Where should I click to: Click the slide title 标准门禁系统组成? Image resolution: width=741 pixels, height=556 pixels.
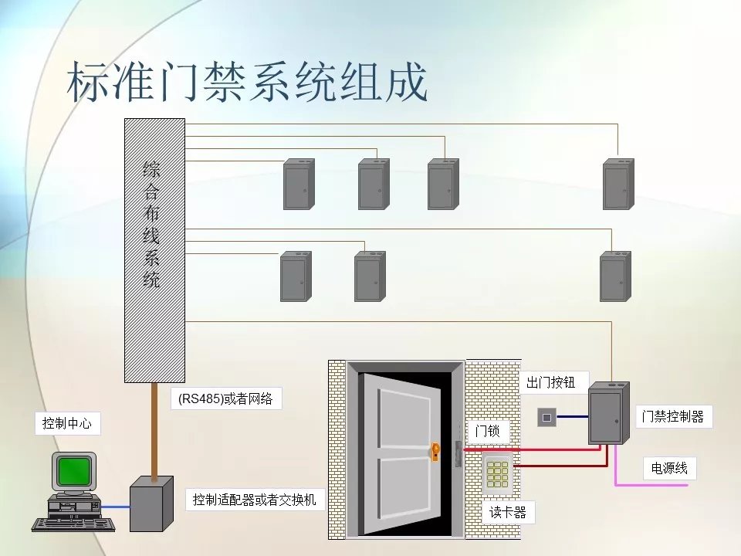coord(248,83)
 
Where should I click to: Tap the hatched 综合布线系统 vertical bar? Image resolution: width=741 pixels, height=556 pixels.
coord(154,250)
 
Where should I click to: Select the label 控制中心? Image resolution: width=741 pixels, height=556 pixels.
coord(68,423)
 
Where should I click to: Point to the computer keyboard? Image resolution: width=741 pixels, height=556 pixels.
coord(73,524)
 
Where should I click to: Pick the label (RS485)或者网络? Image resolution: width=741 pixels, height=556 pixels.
coord(225,398)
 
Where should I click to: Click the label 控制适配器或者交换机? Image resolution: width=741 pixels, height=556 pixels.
coord(254,500)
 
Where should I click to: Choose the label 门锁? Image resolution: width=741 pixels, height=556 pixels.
coord(487,431)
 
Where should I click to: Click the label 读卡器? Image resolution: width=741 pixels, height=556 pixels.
coord(507,511)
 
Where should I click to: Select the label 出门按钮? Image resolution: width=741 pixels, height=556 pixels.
coord(550,381)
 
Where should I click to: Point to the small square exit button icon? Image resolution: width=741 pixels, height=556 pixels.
coord(546,418)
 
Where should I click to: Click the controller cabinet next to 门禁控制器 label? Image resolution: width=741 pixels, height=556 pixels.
coord(606,413)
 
